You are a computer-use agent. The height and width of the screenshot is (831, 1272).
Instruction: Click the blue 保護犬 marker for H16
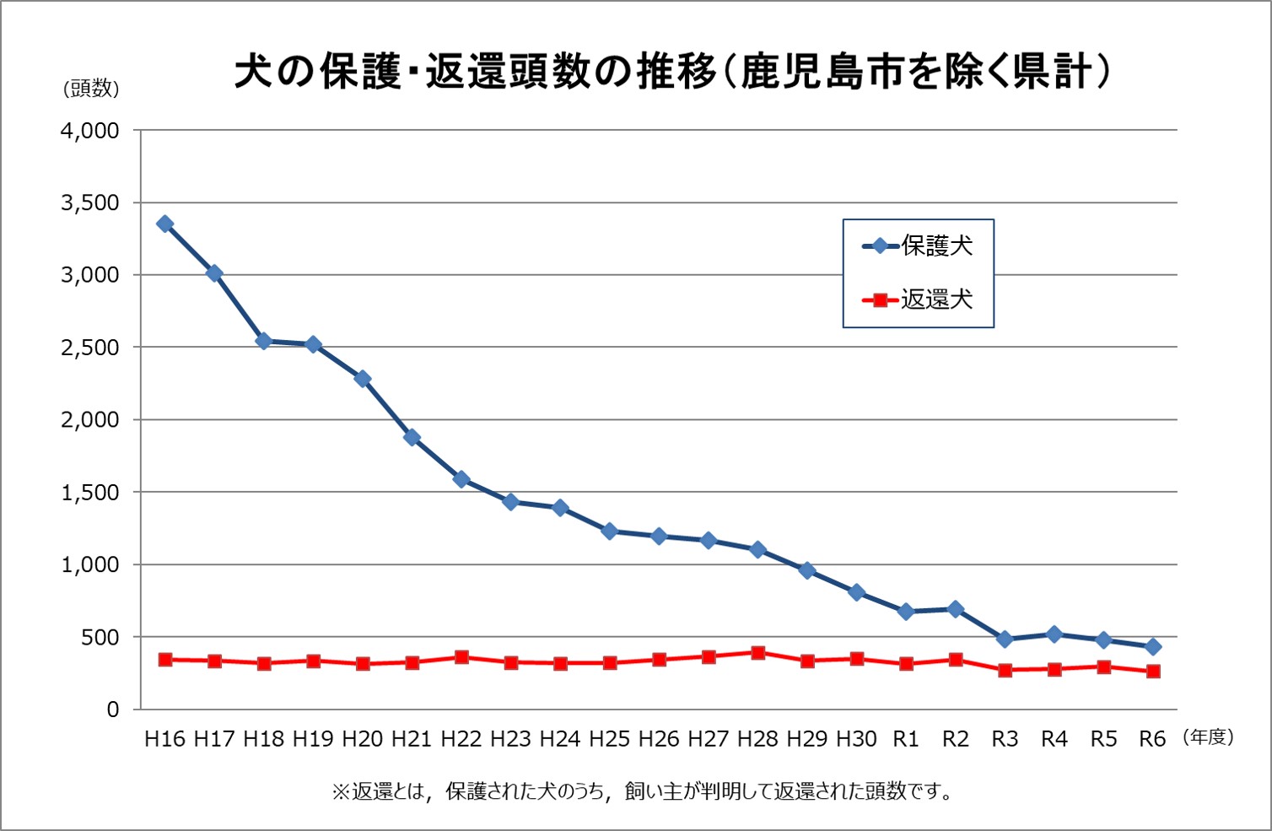point(165,224)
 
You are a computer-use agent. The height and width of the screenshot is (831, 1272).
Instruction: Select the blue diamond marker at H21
point(412,437)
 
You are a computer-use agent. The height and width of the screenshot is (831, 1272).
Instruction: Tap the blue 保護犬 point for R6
point(1153,647)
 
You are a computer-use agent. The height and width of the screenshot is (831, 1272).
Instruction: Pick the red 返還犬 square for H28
point(757,653)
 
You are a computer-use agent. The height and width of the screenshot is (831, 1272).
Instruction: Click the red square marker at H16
point(165,660)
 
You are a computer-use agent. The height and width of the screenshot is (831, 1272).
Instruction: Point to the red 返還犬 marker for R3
point(1005,671)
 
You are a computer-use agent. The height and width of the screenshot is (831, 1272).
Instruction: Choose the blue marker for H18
point(264,341)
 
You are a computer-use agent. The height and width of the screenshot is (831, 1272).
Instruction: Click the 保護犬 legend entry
point(919,246)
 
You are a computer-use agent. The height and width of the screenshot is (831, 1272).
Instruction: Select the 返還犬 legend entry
point(919,299)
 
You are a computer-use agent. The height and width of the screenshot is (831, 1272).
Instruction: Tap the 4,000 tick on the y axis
point(89,131)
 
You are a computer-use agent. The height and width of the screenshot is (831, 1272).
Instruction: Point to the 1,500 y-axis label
point(89,493)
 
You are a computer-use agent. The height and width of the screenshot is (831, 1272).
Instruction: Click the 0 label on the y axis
point(112,710)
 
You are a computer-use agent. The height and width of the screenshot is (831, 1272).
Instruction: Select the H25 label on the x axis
point(609,739)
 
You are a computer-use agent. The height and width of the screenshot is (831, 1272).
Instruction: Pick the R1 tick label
point(905,739)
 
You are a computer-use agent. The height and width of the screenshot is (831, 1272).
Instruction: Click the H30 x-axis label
point(856,739)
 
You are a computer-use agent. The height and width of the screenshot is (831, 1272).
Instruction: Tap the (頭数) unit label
point(91,89)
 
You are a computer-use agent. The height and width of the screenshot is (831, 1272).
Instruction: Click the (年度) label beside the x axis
point(1209,737)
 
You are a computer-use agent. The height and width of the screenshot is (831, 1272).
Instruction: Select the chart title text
point(672,72)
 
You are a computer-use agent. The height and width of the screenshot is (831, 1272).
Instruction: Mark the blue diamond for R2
point(955,609)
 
